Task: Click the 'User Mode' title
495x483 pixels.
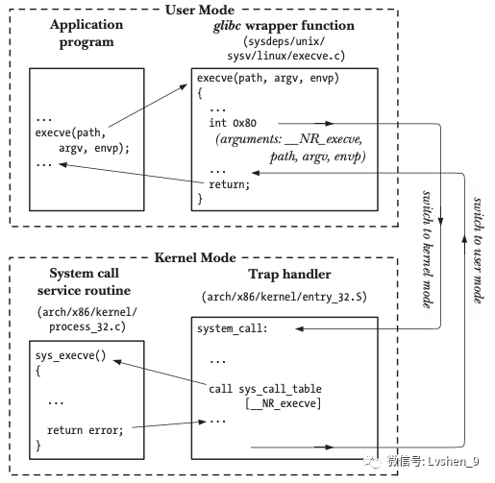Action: pos(200,10)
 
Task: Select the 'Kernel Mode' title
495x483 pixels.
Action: pos(195,257)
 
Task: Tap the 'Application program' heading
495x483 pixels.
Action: pos(87,34)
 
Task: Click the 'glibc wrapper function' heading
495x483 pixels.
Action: pos(284,26)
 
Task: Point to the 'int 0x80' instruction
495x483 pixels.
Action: pos(233,123)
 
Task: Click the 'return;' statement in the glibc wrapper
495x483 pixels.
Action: pos(229,184)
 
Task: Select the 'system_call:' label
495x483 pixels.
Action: pos(233,328)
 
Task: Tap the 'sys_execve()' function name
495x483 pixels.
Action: pos(70,355)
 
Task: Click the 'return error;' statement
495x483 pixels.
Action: pos(86,430)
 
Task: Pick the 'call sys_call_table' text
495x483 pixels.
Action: pos(265,389)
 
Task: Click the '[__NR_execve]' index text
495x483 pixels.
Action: pos(284,403)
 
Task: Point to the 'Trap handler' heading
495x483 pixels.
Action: pos(289,275)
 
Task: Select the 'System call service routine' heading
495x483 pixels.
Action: pos(84,282)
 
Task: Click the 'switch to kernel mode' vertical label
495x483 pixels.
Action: pos(428,250)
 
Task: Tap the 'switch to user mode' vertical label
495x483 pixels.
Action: pos(479,251)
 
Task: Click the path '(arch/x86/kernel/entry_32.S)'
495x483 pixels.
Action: pos(285,297)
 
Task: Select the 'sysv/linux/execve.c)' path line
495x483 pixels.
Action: pos(286,56)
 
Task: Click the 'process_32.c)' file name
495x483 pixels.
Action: pos(87,327)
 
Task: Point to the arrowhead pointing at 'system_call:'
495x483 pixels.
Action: pos(299,328)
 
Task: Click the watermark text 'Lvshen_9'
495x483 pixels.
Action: pos(454,462)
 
